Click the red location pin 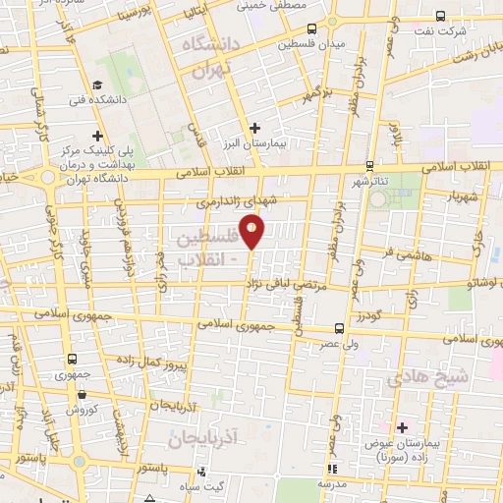pyautogui.click(x=252, y=232)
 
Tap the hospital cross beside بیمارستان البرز pyautogui.click(x=254, y=128)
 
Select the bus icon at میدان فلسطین pyautogui.click(x=311, y=28)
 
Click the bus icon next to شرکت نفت pyautogui.click(x=439, y=15)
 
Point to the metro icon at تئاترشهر pyautogui.click(x=369, y=166)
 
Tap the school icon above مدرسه pyautogui.click(x=331, y=469)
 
